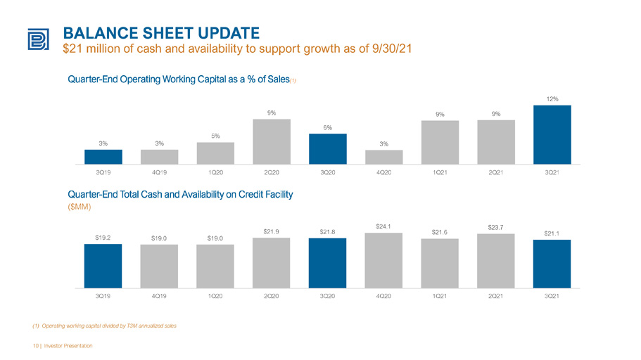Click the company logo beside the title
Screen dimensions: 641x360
(39, 39)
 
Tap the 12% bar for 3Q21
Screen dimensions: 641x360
(552, 135)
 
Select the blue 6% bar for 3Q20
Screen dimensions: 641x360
(327, 149)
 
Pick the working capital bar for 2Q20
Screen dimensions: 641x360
(272, 142)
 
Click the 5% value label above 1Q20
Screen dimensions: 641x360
(215, 136)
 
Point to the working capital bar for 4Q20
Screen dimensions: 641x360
(384, 157)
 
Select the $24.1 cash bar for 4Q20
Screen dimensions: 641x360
(383, 261)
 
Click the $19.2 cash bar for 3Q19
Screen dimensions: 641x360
(103, 266)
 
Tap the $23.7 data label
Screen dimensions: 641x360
(495, 227)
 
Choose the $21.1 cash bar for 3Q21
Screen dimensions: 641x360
(552, 264)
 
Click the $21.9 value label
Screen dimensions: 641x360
(271, 232)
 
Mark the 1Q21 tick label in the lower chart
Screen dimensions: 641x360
(440, 296)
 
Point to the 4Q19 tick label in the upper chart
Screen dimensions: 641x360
(160, 172)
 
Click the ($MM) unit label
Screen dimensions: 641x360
(80, 207)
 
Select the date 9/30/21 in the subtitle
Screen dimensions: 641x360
(392, 49)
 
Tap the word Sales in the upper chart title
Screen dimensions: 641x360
(279, 79)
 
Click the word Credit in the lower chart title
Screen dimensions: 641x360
(250, 195)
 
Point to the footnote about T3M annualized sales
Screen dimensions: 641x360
(105, 326)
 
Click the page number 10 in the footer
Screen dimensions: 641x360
(36, 346)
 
